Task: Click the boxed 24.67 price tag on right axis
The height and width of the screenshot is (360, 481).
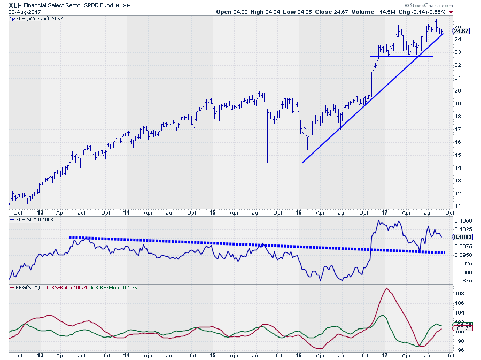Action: [462, 32]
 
